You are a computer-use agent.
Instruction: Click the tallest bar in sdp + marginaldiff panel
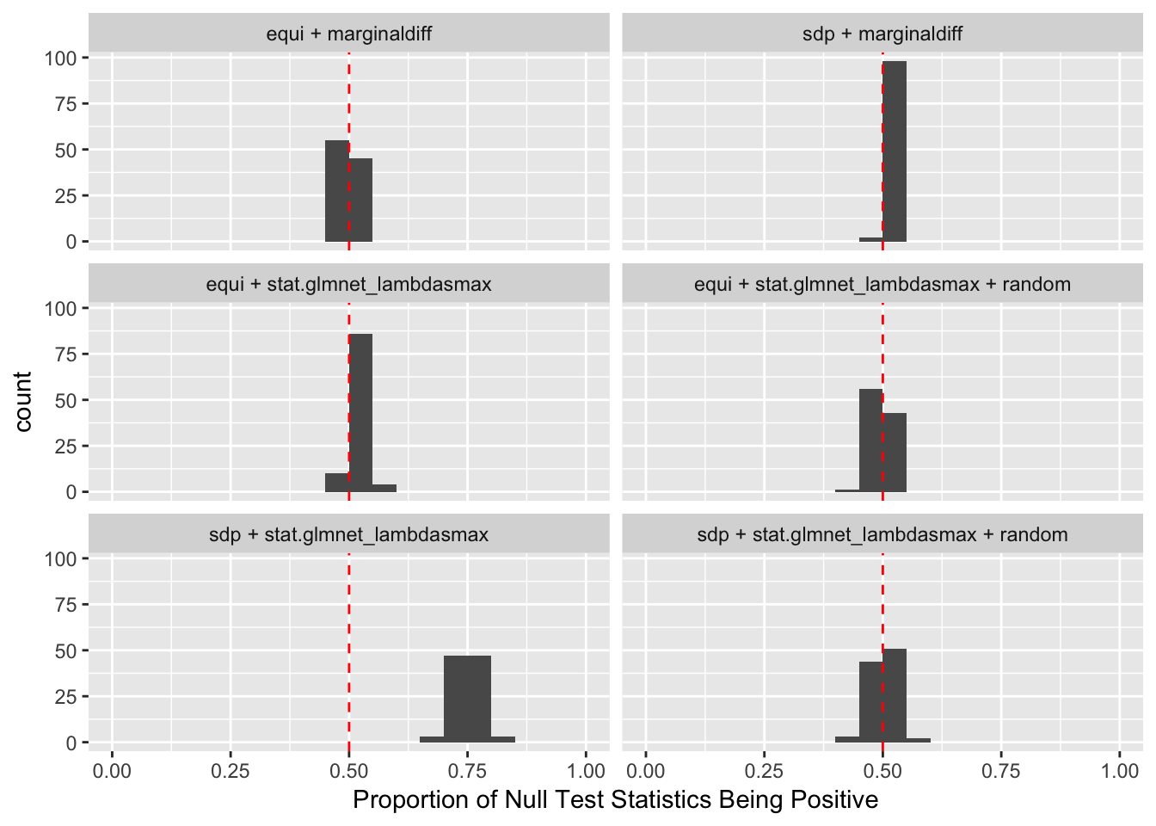pyautogui.click(x=895, y=151)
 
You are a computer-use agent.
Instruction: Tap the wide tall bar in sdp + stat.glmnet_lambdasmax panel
pyautogui.click(x=467, y=699)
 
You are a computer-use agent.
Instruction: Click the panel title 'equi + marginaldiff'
pyautogui.click(x=349, y=34)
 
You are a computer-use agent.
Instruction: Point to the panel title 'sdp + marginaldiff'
pyautogui.click(x=882, y=34)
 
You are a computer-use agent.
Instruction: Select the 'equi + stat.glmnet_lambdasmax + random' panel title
pyautogui.click(x=882, y=285)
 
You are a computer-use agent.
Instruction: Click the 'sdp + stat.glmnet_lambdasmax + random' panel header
pyautogui.click(x=882, y=535)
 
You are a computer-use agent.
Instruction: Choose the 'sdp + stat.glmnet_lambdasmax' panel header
pyautogui.click(x=349, y=535)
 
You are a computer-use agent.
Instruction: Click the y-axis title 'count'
pyautogui.click(x=23, y=401)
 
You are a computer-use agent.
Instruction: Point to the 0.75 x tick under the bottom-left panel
pyautogui.click(x=467, y=771)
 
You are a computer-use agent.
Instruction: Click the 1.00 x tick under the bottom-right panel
pyautogui.click(x=1120, y=771)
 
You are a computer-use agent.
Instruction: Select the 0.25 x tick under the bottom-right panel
pyautogui.click(x=764, y=771)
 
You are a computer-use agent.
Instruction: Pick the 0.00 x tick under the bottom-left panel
pyautogui.click(x=112, y=771)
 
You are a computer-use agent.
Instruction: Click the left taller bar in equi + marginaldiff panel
pyautogui.click(x=336, y=191)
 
